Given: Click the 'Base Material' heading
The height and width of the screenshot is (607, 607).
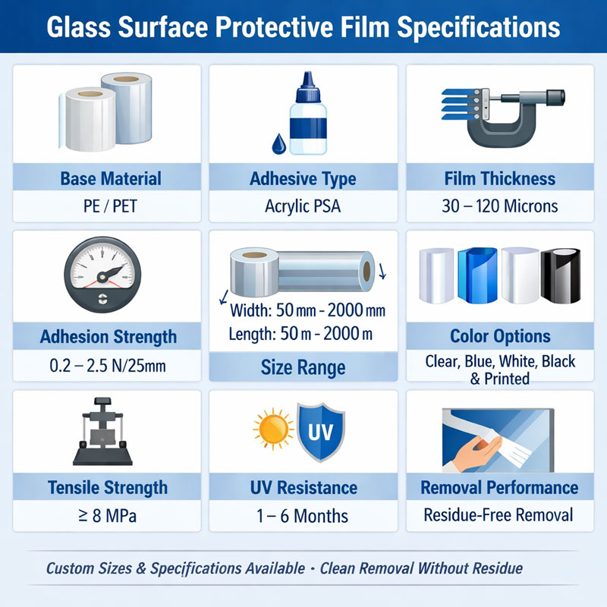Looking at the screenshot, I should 111,179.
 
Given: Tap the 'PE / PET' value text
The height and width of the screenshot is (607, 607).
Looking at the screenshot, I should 111,206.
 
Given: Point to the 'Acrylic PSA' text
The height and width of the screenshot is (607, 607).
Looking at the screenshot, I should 303,206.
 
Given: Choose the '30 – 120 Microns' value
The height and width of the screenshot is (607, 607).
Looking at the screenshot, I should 500,206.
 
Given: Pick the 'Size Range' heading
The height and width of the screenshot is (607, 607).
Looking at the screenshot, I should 303,368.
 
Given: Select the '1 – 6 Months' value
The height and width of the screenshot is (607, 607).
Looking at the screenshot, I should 303,516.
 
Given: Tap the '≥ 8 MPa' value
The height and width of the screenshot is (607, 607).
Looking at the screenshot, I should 107,516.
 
